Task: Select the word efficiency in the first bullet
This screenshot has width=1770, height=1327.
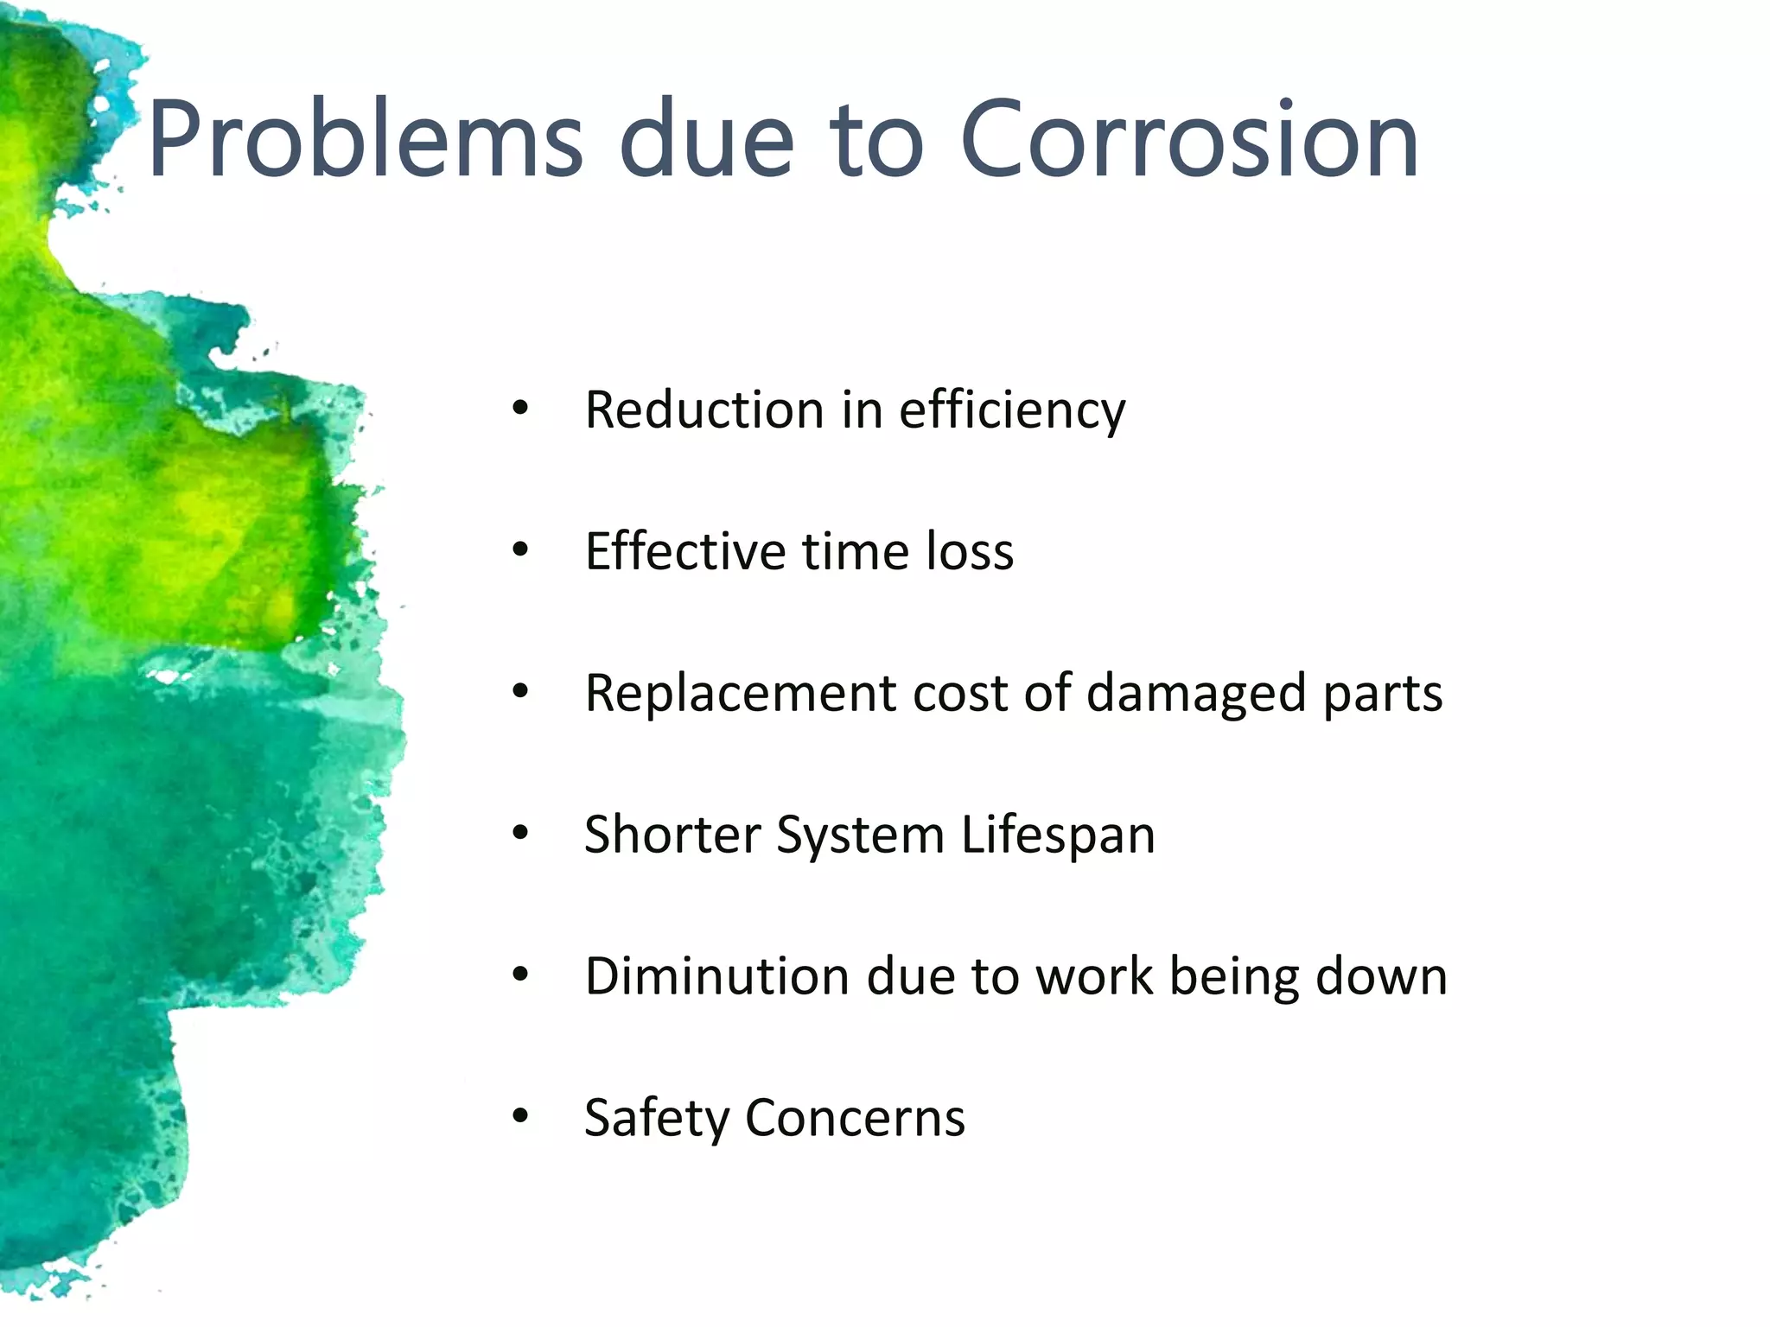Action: (1012, 411)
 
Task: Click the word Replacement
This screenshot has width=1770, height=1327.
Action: (741, 694)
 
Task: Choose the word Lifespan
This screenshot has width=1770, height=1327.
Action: (1058, 836)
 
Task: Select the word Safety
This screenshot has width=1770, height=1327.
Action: (657, 1119)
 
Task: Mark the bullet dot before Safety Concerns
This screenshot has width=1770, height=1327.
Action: (519, 1117)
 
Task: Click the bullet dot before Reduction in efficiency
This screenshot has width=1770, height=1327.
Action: (519, 410)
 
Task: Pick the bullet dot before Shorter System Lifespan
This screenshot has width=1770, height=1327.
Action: (519, 835)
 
